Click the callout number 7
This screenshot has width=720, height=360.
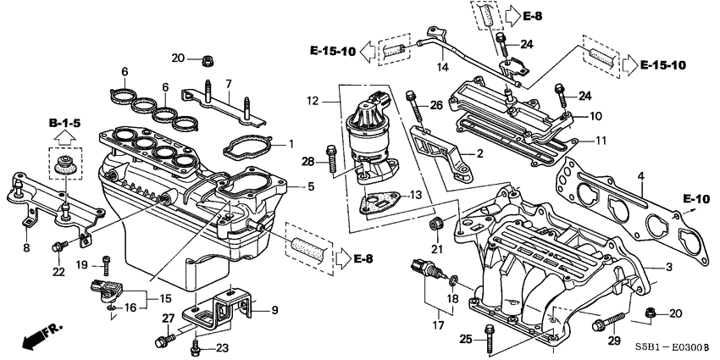click(228, 83)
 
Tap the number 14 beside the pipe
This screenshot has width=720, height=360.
click(441, 68)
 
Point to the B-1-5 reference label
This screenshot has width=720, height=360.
click(63, 123)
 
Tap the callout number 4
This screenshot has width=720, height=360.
click(641, 176)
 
